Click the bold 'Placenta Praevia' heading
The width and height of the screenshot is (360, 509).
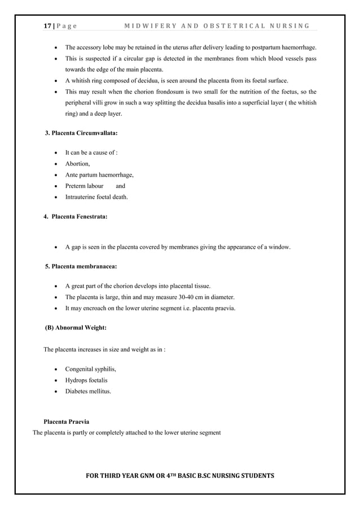coord(66,422)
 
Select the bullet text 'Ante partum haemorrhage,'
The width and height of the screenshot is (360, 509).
coord(99,174)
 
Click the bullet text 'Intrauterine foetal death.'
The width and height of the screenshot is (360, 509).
coord(96,197)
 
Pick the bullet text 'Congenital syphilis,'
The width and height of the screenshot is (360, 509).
coord(91,369)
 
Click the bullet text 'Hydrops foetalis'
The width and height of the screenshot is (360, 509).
coord(86,380)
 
